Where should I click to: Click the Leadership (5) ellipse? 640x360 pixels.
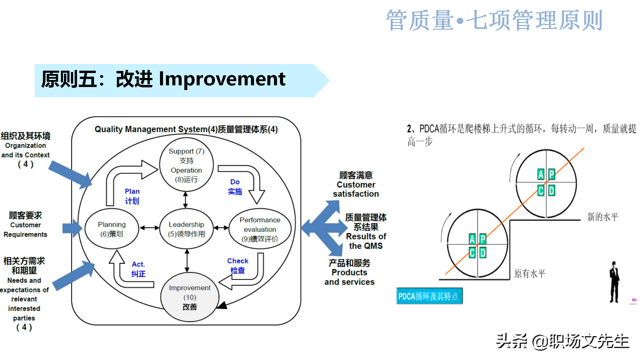tap(186, 229)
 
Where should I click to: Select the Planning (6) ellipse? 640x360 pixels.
tap(112, 229)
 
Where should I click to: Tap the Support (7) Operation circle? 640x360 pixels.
tap(186, 165)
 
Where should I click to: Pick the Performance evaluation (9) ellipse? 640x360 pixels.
tap(260, 229)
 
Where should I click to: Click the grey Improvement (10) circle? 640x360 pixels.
tap(189, 297)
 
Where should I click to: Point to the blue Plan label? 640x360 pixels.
tap(132, 196)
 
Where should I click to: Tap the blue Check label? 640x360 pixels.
tap(238, 265)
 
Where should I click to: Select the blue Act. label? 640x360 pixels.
tap(138, 269)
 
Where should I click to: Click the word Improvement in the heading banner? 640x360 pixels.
tap(222, 79)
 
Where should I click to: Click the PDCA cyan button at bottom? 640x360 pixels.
tap(429, 296)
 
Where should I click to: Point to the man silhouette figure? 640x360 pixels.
tap(614, 282)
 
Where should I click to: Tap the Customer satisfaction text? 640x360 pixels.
tap(356, 185)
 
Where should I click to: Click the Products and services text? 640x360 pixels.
tap(349, 273)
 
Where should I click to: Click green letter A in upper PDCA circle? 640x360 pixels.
tap(541, 174)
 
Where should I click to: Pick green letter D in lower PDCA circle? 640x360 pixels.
tap(483, 253)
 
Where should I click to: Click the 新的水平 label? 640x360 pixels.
tap(602, 217)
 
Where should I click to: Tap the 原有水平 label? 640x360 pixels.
tap(529, 274)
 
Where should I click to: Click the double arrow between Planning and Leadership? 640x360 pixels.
tap(149, 228)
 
